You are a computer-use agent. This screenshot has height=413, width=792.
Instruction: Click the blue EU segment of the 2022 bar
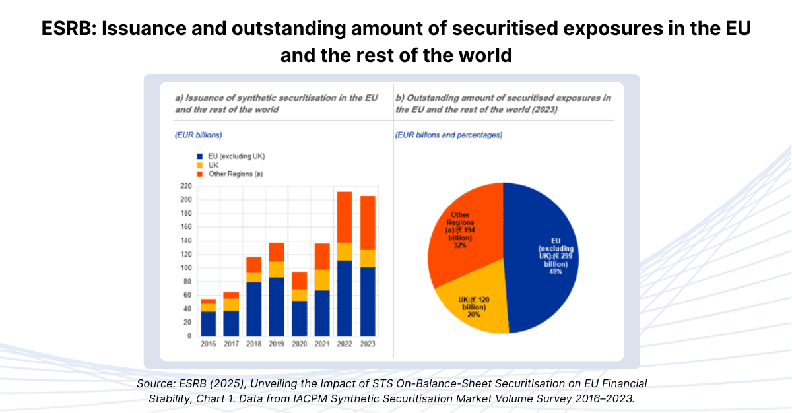(344, 298)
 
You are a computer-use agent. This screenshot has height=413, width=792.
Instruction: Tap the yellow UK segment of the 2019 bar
(276, 269)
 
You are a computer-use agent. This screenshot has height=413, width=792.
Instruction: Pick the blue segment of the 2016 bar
(208, 323)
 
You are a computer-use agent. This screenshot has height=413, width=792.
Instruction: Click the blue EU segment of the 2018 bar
(253, 309)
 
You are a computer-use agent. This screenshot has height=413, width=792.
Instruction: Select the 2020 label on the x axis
(299, 344)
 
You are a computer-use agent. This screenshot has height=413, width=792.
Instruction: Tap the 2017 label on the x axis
(230, 344)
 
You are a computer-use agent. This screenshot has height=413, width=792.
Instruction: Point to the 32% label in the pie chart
(460, 245)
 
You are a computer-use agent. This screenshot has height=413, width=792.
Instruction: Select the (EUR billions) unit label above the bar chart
(198, 135)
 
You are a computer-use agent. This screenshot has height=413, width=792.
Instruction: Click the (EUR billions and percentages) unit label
(449, 135)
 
